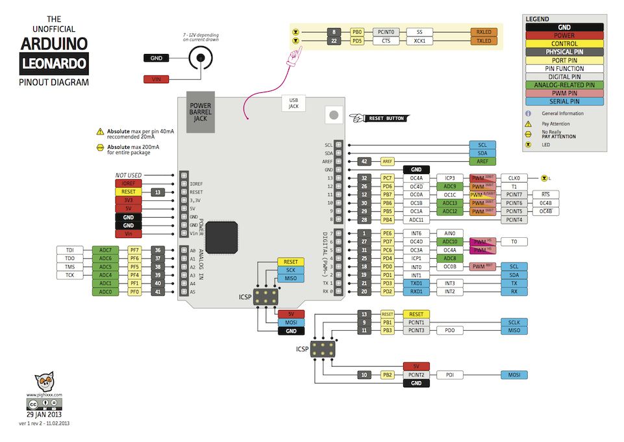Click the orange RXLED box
pyautogui.click(x=483, y=31)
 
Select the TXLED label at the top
pyautogui.click(x=483, y=40)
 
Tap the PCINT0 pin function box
pyautogui.click(x=386, y=31)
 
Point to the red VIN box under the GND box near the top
pyautogui.click(x=156, y=79)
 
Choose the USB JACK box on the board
pyautogui.click(x=293, y=103)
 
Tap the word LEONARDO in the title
pyautogui.click(x=54, y=64)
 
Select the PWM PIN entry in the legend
pyautogui.click(x=564, y=93)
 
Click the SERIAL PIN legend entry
pyautogui.click(x=564, y=101)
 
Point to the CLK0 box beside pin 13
pyautogui.click(x=514, y=177)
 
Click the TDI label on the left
pyautogui.click(x=70, y=250)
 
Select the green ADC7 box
pyautogui.click(x=105, y=250)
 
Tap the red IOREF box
pyautogui.click(x=129, y=184)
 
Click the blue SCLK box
pyautogui.click(x=514, y=322)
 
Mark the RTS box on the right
pyautogui.click(x=545, y=194)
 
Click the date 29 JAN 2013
pyautogui.click(x=44, y=414)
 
